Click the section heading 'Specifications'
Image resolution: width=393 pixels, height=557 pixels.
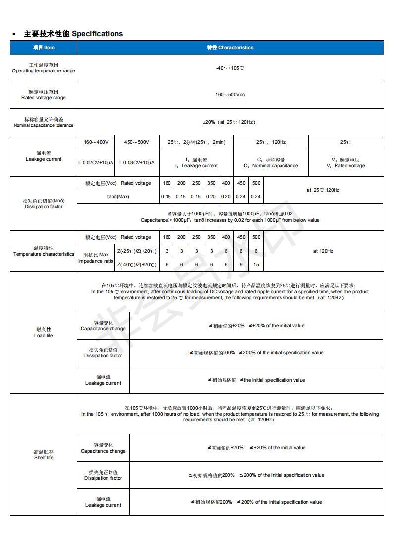97,34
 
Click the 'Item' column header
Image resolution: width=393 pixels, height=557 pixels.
44,48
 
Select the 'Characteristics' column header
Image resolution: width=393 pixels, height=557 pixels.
230,48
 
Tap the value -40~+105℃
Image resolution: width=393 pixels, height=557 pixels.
230,68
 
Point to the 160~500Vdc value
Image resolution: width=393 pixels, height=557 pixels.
230,94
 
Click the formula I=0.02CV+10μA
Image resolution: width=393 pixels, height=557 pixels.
96,163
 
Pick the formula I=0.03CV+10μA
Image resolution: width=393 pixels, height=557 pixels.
137,163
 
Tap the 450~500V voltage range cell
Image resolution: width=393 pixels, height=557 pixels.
137,142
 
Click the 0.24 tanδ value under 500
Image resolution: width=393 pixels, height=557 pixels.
256,197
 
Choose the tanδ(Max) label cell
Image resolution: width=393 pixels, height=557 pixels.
118,197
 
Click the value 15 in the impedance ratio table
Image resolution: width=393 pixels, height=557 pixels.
256,265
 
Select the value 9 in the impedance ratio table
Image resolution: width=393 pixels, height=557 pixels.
241,265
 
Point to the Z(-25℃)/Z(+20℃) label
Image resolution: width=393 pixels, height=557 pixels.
137,251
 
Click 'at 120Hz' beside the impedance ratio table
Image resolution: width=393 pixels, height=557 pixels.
323,251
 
